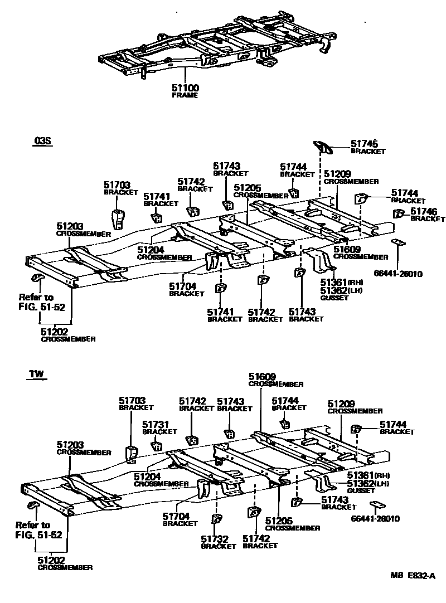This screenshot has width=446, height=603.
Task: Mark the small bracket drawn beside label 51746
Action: click(x=399, y=213)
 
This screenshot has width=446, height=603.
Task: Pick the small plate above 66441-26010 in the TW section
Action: click(x=379, y=506)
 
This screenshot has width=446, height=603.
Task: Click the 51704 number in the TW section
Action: click(x=176, y=516)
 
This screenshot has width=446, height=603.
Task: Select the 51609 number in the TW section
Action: click(x=262, y=377)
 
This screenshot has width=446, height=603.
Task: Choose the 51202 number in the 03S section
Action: click(x=55, y=332)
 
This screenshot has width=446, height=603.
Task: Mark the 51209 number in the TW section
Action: click(x=341, y=403)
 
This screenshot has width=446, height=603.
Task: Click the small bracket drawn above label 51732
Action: click(x=215, y=519)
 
